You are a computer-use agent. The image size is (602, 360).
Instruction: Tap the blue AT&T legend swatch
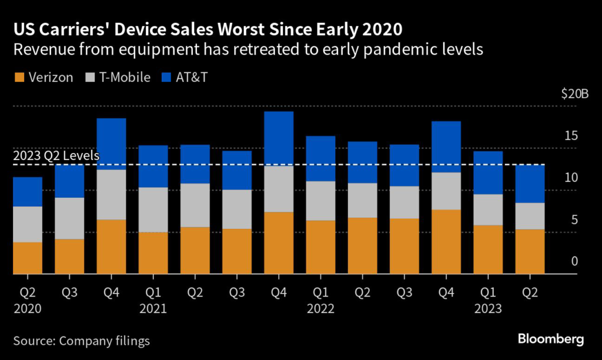[166, 78]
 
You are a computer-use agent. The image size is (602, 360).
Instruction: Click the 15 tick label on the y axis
[571, 136]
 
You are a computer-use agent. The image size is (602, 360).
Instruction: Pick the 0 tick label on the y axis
[574, 261]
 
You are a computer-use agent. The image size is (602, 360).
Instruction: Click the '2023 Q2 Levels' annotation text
[55, 156]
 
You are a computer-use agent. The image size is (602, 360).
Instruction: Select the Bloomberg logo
[550, 339]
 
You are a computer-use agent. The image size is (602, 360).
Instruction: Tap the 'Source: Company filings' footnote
[82, 341]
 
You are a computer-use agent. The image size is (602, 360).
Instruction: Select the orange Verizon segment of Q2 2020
[27, 258]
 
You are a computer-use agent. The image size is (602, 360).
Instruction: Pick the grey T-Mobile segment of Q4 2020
[111, 195]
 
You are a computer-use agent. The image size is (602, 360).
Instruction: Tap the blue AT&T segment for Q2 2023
[530, 184]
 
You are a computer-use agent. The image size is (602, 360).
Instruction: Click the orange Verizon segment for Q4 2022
[446, 242]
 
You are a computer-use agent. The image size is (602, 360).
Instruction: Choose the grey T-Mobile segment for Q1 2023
[488, 209]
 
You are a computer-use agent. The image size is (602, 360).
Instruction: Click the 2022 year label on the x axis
[320, 308]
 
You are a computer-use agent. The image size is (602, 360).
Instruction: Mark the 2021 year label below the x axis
[152, 308]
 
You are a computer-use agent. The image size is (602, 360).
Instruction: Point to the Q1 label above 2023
[488, 291]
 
